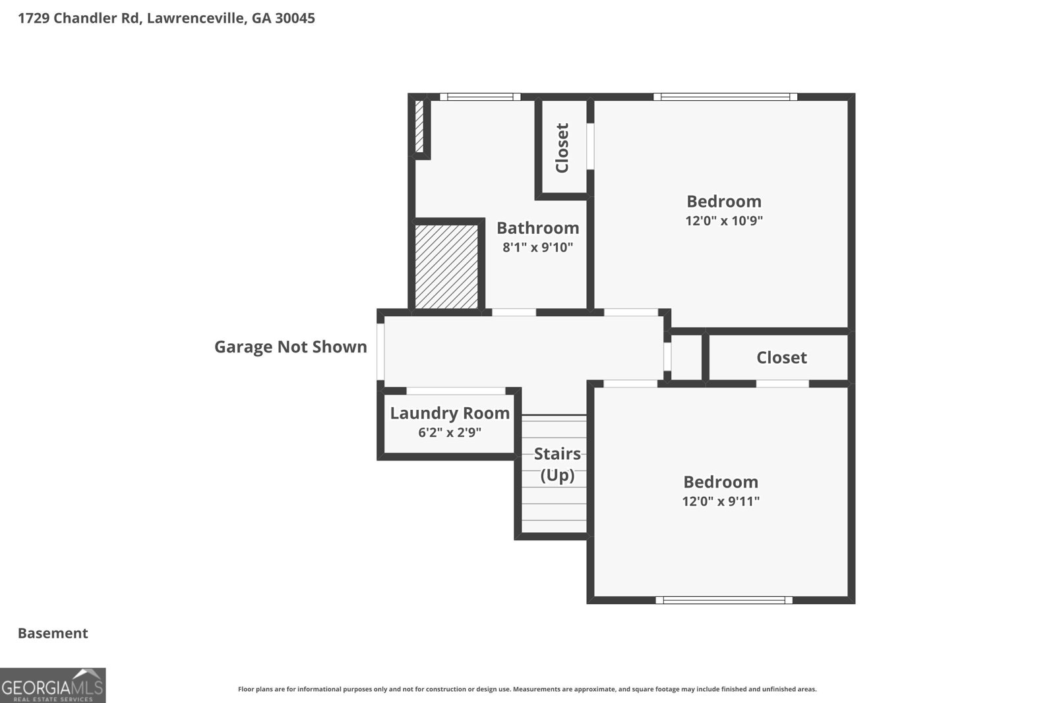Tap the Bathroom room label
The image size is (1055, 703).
537,228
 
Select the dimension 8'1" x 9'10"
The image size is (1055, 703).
537,248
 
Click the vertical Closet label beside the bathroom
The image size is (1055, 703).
562,148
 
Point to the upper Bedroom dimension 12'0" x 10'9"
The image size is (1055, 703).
723,221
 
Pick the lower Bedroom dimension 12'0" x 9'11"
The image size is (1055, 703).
721,501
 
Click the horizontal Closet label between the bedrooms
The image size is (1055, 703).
781,358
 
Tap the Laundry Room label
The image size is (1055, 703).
450,413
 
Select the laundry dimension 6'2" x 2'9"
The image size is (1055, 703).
450,433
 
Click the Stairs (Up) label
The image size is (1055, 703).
557,464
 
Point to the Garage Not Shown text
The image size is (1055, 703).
290,347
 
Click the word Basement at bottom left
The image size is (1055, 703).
53,633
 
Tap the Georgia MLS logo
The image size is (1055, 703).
53,685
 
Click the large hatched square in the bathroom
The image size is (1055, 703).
446,267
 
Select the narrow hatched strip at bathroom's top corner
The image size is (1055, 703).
419,127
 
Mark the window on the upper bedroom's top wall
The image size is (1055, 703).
725,97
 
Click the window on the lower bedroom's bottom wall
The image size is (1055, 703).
723,600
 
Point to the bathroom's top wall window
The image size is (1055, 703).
480,97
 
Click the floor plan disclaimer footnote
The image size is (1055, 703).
527,689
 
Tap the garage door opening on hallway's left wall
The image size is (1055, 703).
380,351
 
